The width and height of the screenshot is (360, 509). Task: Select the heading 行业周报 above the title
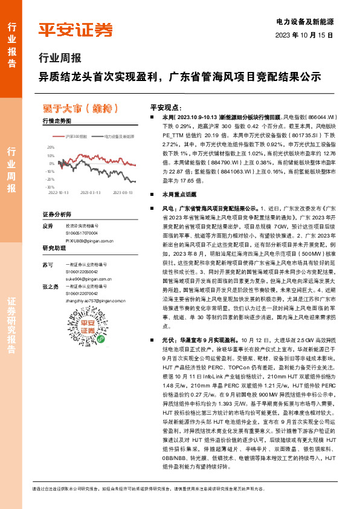59,59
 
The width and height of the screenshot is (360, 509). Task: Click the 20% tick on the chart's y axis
50,146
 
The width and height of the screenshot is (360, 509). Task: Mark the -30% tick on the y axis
50,187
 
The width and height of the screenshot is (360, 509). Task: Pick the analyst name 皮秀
48,225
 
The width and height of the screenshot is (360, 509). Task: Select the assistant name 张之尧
51,287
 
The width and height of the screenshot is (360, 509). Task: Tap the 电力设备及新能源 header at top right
305,21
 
